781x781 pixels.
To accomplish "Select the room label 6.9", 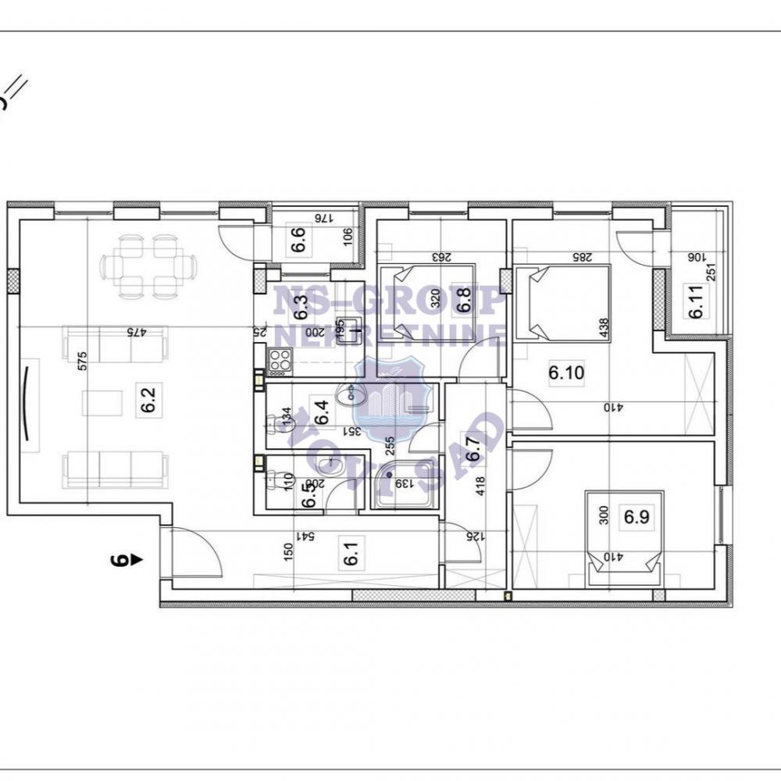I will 631,516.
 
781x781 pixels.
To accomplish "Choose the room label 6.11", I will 695,303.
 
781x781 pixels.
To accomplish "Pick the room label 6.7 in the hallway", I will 471,451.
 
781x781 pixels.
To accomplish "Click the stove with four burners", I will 280,361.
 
